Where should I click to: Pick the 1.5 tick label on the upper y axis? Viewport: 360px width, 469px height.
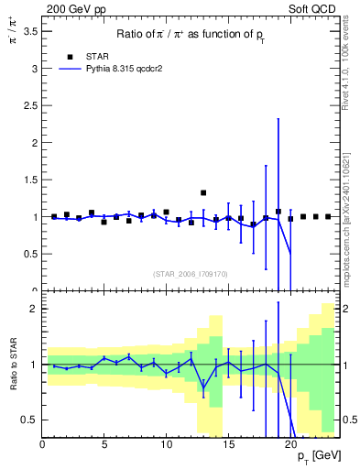(28, 180)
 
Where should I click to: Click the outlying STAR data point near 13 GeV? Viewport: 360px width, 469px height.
(203, 193)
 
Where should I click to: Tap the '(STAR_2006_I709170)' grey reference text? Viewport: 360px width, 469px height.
(191, 273)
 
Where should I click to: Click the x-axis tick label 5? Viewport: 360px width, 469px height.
(104, 445)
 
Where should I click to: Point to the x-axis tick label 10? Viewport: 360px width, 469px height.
(166, 445)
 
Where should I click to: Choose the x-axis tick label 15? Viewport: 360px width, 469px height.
(228, 445)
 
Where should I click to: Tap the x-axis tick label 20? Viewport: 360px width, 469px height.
(289, 445)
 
